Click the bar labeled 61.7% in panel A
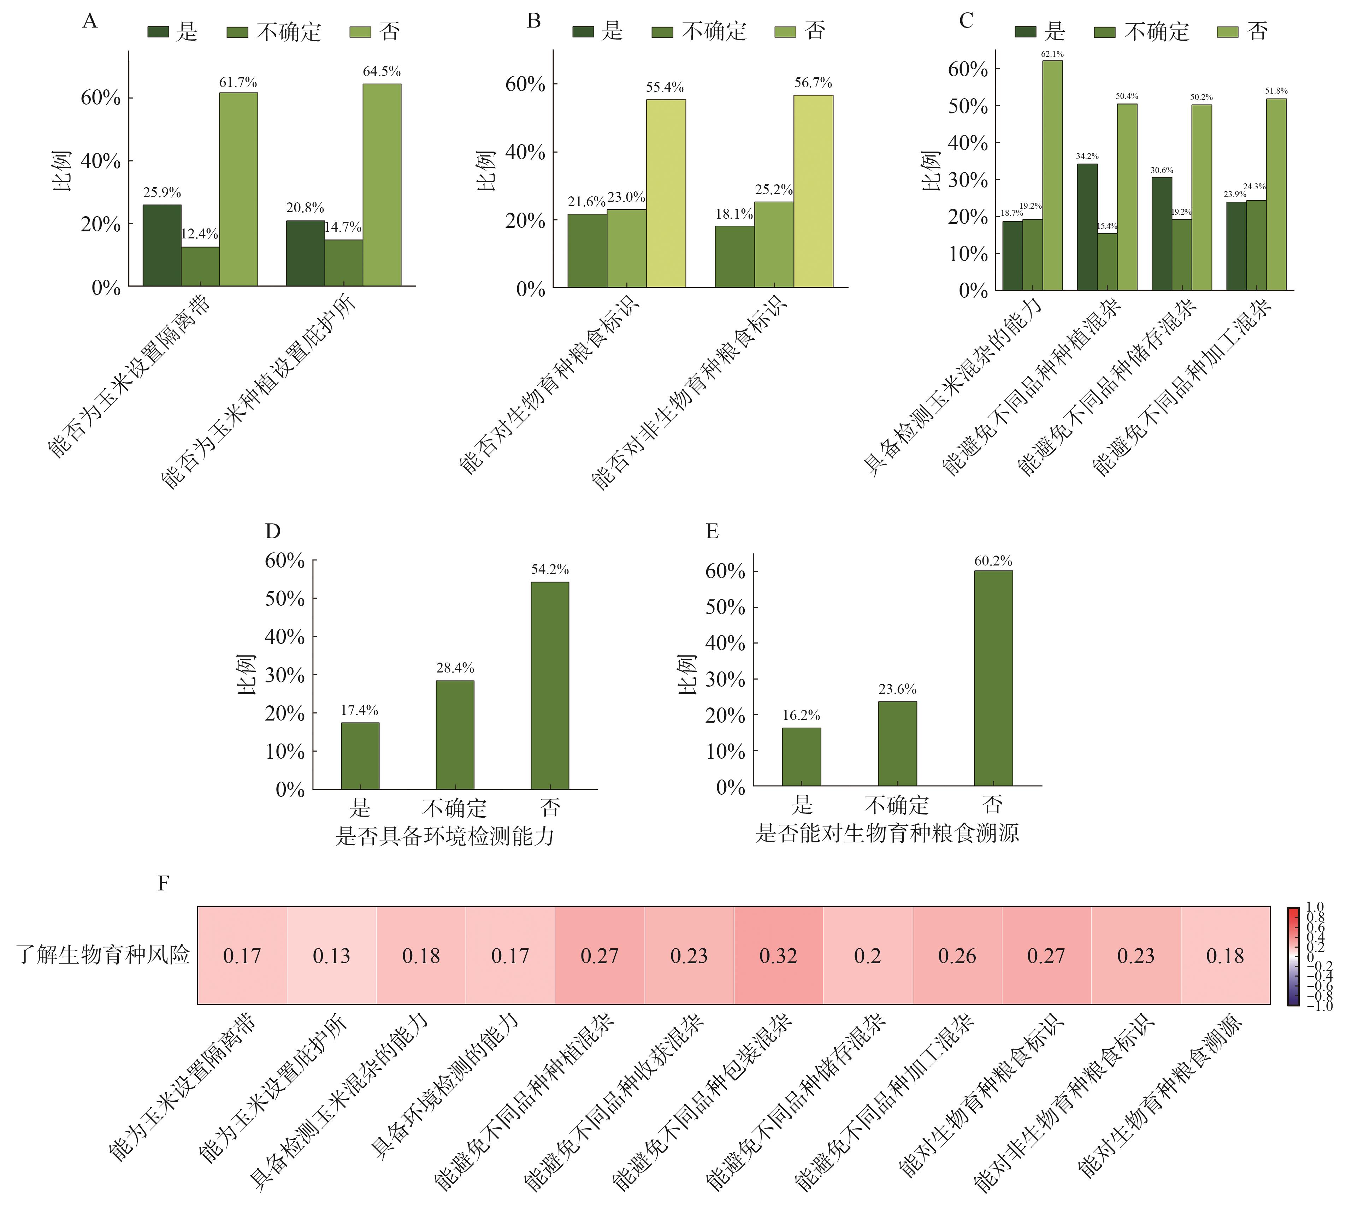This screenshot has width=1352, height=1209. point(238,189)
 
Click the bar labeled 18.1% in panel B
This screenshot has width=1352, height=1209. point(734,256)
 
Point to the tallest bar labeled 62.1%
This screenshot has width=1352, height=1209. point(1052,176)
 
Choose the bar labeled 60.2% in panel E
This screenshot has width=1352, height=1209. point(993,677)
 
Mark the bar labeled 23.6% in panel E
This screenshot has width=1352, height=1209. point(897,743)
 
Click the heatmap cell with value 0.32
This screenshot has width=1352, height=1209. point(778,955)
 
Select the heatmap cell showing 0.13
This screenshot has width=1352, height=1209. point(331,955)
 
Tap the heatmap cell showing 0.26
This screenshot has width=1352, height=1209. point(957,955)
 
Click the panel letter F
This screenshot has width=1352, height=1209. point(164,883)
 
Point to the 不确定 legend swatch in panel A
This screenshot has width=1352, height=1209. point(237,32)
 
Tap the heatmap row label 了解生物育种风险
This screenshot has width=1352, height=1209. point(103,955)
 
